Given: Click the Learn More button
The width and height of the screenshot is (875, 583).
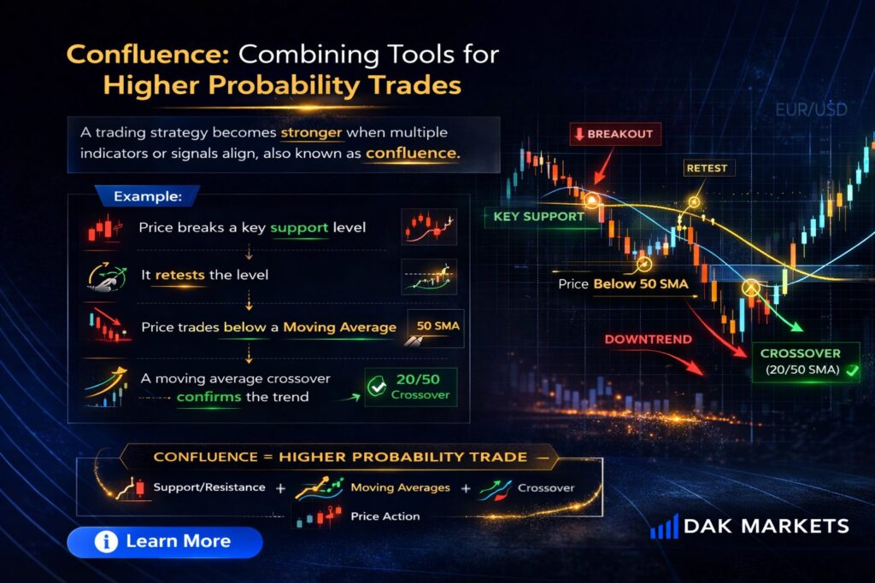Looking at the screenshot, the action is point(165,542).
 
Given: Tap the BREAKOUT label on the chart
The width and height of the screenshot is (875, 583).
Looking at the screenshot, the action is point(615,134).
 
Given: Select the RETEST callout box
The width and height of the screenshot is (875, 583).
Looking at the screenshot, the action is point(707,168).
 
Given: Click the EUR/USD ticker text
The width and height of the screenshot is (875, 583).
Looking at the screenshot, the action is point(812,109).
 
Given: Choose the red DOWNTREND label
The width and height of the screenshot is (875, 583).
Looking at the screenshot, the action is point(648,340).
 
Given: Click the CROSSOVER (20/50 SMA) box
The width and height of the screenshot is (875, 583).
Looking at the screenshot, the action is point(806,362).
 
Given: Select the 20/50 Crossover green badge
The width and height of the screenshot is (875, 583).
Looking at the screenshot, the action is point(411,387).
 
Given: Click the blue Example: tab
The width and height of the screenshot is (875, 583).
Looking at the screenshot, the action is point(147,196).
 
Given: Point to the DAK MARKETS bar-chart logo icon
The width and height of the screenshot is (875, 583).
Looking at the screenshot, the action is point(664,527).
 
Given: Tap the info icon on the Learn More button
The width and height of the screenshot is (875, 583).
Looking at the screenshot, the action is point(106,542).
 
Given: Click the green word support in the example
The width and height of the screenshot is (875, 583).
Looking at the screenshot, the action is point(299,228).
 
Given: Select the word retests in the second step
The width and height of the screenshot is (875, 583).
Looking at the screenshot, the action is point(179,275).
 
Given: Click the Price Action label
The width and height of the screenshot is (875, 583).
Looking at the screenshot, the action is point(385,516).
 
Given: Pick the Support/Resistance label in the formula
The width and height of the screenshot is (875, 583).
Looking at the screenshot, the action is point(209,487).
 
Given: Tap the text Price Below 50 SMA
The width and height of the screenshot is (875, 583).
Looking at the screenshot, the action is point(623,284).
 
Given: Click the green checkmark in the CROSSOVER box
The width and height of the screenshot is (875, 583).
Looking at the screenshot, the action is point(852,370).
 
